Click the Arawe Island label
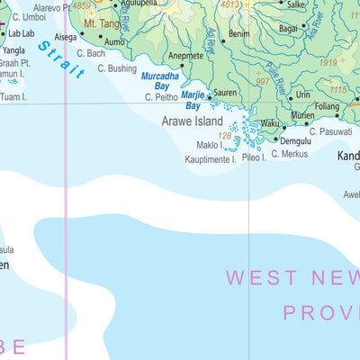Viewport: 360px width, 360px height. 193,120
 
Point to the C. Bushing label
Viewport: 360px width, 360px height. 117,68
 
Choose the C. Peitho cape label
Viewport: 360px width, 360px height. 160,97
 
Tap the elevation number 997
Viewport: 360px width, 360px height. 262,82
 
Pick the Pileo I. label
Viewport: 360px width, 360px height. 254,157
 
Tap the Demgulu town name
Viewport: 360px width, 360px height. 295,141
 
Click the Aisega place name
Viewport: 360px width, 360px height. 66,38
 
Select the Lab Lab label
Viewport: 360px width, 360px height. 22,33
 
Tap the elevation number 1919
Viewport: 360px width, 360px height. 326,63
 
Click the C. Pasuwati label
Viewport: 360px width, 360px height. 329,131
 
